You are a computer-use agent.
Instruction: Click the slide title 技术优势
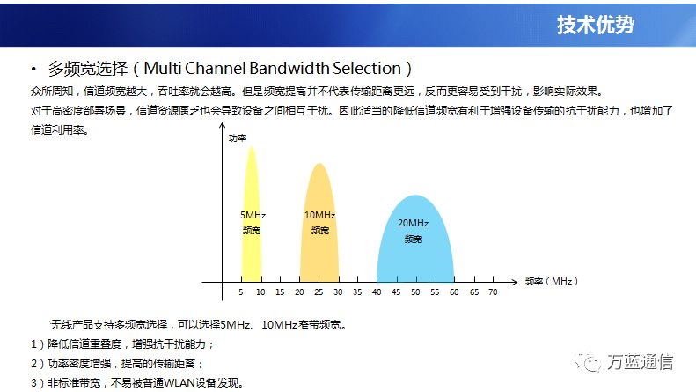[595, 25]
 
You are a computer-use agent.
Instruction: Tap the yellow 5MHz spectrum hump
[252, 214]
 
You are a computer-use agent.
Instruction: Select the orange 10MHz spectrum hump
[319, 223]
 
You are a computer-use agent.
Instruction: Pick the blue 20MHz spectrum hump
[415, 239]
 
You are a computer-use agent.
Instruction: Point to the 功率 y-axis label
[238, 137]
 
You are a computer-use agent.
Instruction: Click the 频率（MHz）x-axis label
[552, 281]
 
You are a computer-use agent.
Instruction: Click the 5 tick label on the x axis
[240, 292]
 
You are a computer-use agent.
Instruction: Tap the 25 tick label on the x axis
[319, 292]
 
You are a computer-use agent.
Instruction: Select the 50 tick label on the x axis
[415, 292]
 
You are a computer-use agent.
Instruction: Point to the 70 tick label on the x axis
[493, 292]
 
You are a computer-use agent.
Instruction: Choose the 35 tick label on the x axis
[357, 292]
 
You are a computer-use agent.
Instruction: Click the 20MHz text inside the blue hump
[413, 223]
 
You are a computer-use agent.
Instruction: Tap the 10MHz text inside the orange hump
[319, 215]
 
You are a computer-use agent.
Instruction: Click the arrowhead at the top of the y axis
[222, 125]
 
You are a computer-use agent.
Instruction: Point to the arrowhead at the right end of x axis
[515, 282]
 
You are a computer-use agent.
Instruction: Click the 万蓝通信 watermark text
[640, 362]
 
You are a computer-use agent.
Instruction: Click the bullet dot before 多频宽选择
[33, 69]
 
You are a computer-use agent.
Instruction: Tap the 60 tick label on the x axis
[454, 292]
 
